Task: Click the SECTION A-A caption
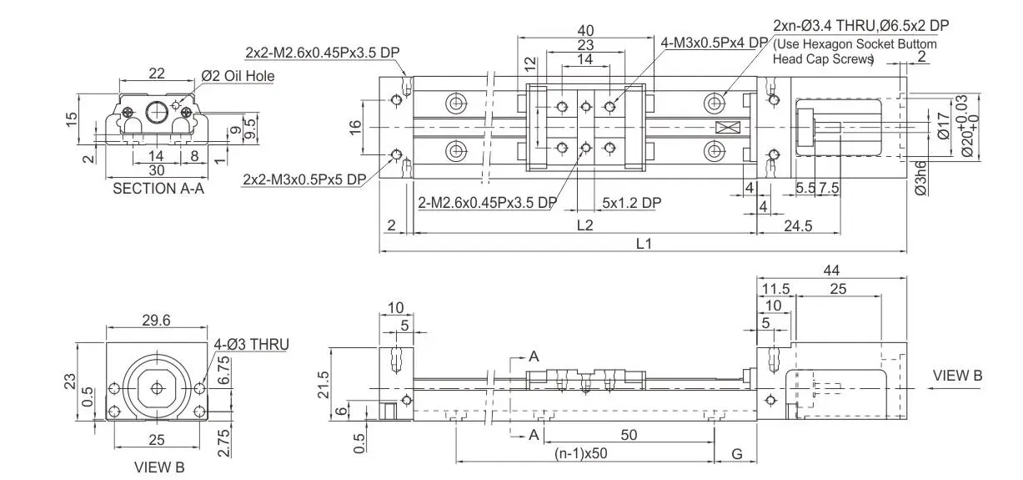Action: (x=158, y=189)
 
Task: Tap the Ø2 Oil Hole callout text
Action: (x=238, y=76)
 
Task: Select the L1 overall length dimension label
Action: (x=644, y=243)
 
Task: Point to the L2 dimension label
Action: (x=584, y=225)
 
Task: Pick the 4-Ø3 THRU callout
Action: (x=251, y=343)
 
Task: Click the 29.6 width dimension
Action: (x=156, y=320)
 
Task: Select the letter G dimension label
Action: (x=736, y=454)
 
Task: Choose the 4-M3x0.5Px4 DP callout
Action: (x=714, y=43)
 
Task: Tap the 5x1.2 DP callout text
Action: (x=631, y=203)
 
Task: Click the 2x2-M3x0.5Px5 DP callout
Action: (x=303, y=179)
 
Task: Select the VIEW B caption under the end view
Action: (x=158, y=467)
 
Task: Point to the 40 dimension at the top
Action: (x=585, y=30)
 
